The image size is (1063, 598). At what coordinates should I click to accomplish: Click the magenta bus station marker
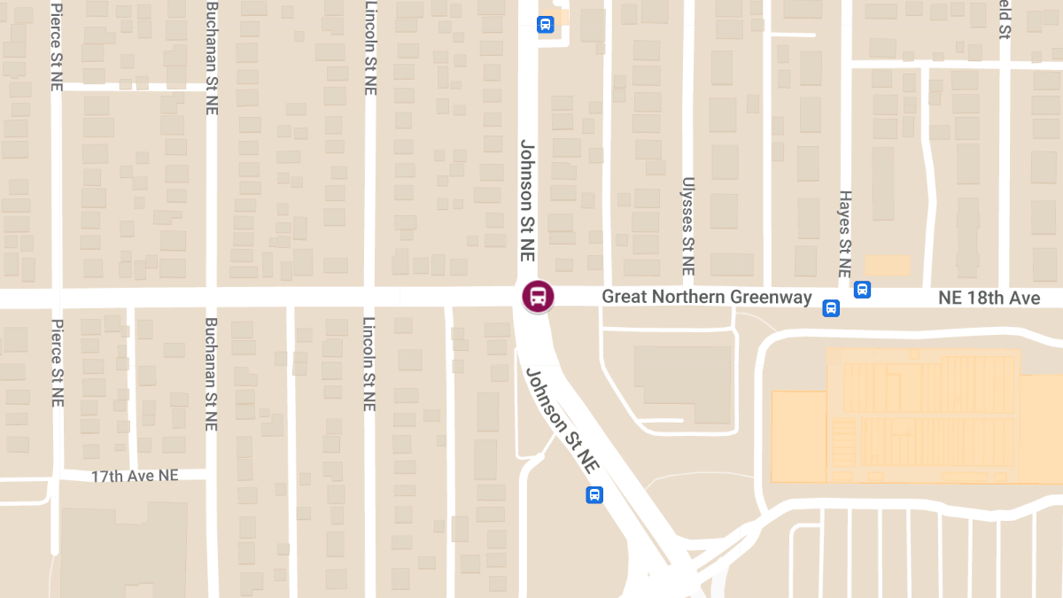(x=537, y=297)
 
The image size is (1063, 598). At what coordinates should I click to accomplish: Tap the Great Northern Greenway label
(x=707, y=297)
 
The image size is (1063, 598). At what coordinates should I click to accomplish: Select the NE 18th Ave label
(x=989, y=298)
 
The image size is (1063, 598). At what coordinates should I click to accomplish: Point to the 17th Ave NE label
(x=135, y=476)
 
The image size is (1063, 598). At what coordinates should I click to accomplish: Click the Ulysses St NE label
(x=687, y=226)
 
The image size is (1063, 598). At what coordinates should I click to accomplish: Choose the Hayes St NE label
(x=845, y=234)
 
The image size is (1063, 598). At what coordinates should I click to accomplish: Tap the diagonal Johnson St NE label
(x=563, y=421)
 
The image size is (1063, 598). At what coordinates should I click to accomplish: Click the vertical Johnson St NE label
(x=529, y=199)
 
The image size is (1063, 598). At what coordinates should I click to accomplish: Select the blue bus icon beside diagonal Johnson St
(x=594, y=494)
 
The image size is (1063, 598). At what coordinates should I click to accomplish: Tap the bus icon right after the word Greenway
(x=831, y=307)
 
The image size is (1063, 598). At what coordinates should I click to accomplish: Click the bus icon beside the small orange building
(x=862, y=289)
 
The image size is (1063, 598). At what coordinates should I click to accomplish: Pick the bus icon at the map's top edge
(x=545, y=24)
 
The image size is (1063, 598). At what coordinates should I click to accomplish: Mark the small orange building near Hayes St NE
(x=887, y=265)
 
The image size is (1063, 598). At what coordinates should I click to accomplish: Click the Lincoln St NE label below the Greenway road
(x=369, y=363)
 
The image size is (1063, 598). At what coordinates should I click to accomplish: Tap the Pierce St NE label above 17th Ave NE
(x=57, y=363)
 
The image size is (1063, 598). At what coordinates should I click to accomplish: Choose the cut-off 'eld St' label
(x=1005, y=19)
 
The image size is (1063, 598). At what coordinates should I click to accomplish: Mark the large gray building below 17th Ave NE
(x=123, y=549)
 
